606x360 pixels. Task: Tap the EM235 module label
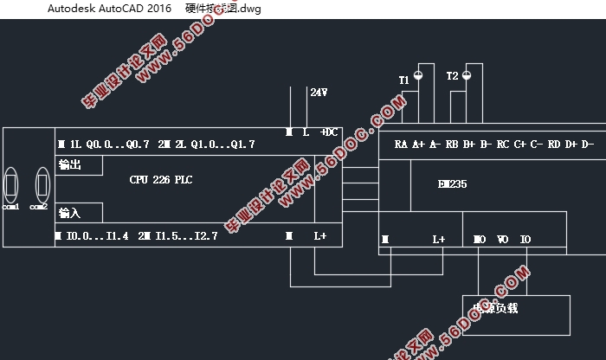453,184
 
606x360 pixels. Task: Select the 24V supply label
319,91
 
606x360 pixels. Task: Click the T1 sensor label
403,80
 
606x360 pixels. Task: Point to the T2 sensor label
452,77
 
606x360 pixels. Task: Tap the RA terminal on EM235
401,144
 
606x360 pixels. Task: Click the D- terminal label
587,144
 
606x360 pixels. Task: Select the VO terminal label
503,239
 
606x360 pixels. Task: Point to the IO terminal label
525,239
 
